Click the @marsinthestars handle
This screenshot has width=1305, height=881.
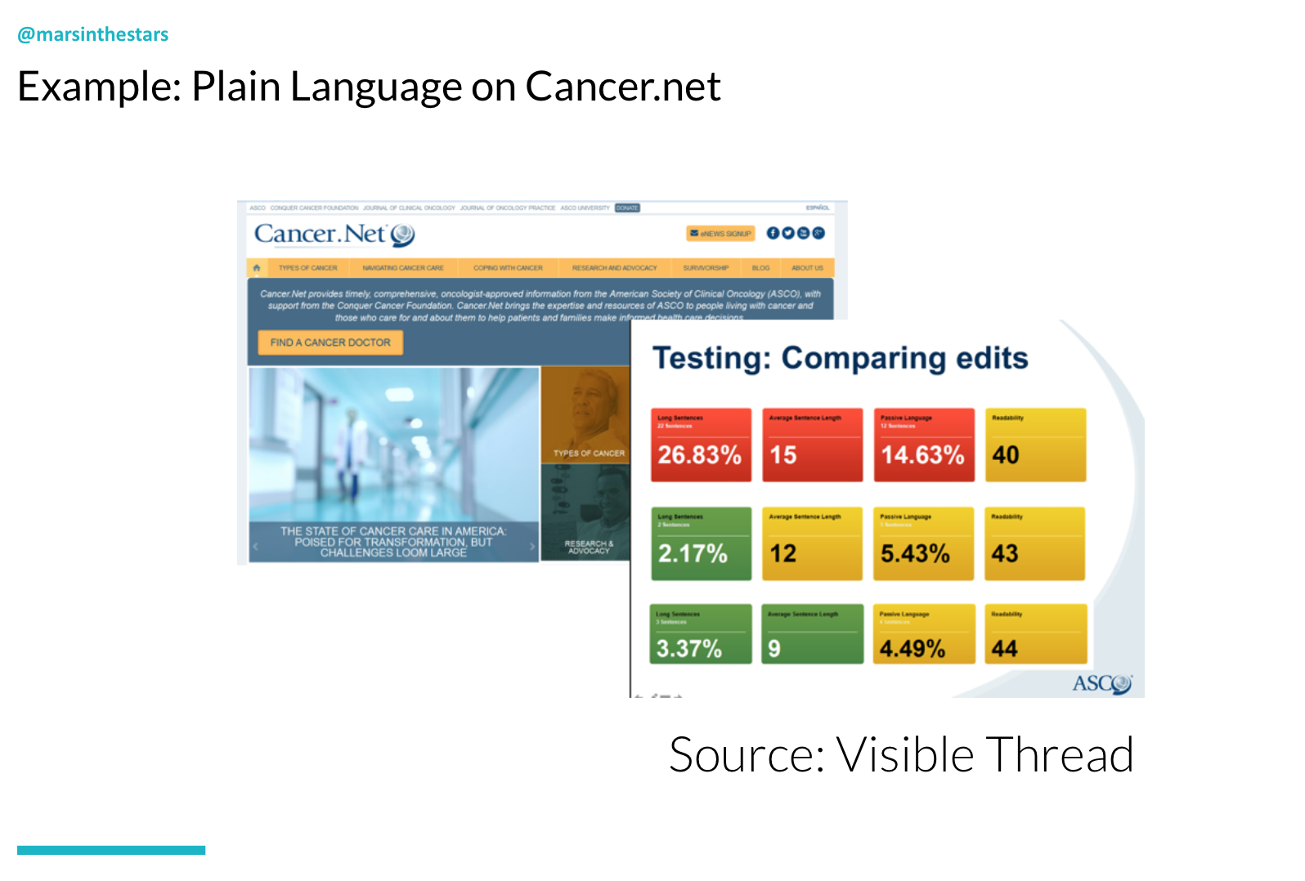92,34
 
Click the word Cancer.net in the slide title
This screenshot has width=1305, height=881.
622,87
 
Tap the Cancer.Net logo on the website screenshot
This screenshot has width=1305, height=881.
334,235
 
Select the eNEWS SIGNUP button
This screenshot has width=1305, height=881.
720,234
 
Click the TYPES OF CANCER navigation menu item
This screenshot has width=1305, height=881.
307,268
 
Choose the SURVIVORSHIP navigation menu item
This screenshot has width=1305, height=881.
705,268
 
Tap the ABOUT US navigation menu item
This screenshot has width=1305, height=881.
807,268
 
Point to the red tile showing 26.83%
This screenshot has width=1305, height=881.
701,445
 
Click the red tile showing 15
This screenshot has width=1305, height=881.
812,445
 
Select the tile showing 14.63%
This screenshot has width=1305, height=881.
923,445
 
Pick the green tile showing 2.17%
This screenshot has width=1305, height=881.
701,543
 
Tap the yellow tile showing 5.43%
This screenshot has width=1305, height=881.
923,543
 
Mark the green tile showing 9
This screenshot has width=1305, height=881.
812,634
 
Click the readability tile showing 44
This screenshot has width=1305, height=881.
1035,634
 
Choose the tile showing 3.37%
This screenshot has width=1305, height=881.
701,634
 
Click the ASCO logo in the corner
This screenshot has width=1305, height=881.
1101,683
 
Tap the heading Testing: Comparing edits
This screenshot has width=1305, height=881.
840,358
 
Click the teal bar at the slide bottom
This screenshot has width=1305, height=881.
111,850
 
